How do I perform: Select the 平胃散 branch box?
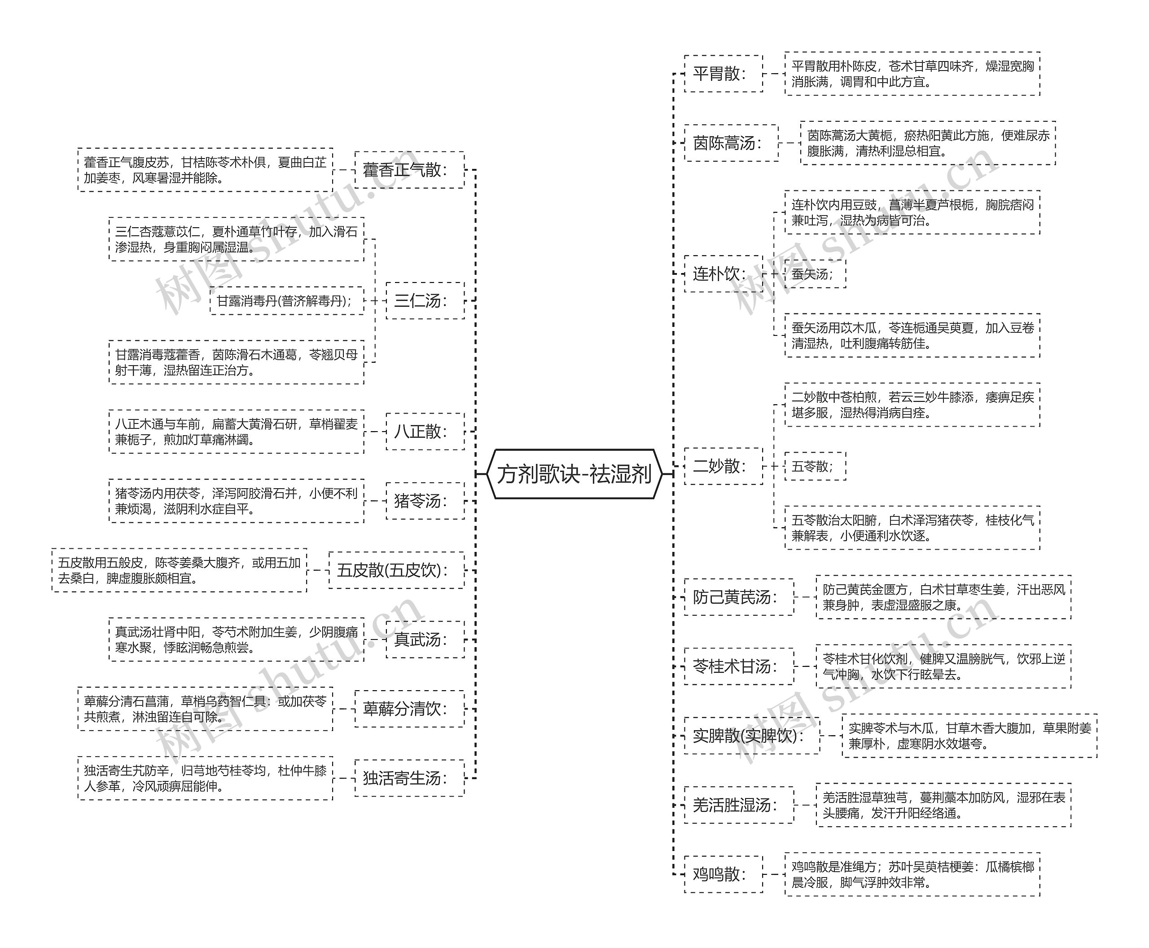pos(723,73)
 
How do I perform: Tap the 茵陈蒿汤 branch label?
pos(731,143)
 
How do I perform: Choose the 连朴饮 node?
pos(723,273)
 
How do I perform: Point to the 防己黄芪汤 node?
pos(738,597)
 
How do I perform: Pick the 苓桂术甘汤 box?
pos(738,666)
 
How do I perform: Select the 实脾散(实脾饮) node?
pos(751,736)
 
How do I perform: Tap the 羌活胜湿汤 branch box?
pos(738,805)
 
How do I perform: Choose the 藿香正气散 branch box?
pos(409,170)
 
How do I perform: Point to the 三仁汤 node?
pos(425,300)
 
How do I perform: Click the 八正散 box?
pos(425,432)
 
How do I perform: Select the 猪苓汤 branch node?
pos(425,501)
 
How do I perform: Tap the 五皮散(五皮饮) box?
pos(396,570)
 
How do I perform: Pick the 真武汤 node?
pos(425,639)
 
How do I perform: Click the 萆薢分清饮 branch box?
pos(409,709)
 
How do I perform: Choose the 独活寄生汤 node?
pos(409,778)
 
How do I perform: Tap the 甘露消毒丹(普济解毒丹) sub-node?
pos(286,300)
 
